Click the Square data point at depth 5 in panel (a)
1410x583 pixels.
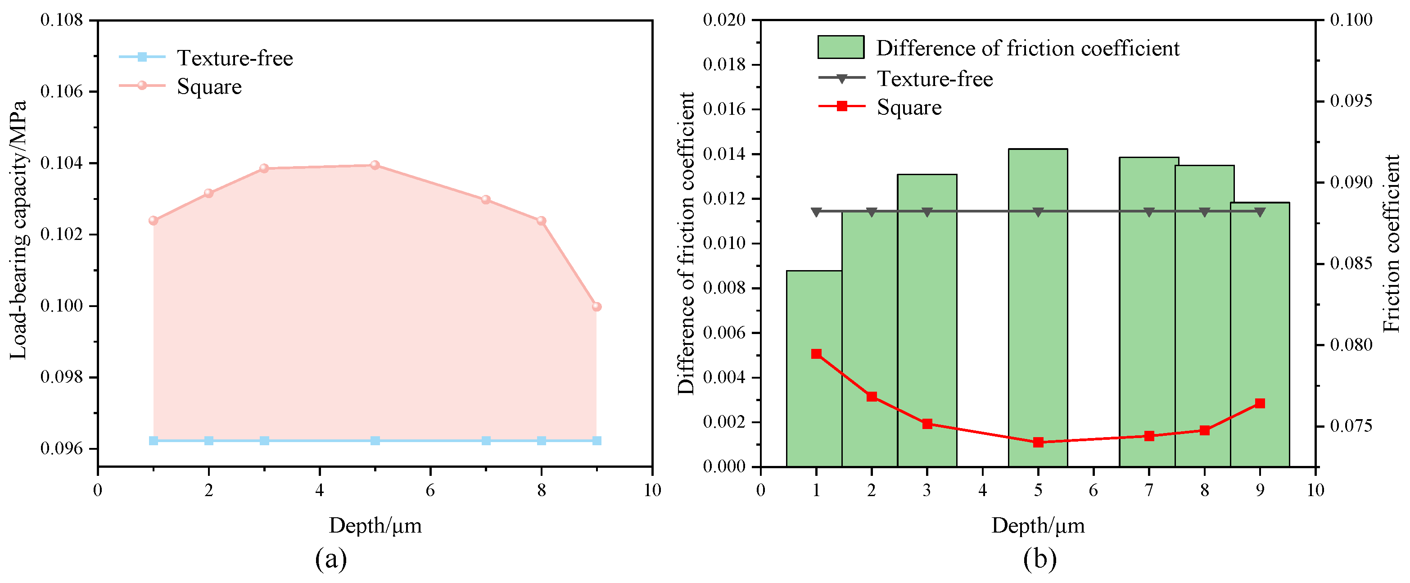pos(375,165)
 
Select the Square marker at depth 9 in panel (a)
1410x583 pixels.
pos(596,307)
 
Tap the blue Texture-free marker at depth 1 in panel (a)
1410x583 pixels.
pos(153,441)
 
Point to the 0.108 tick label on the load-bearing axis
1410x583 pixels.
pos(62,20)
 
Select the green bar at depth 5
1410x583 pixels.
pos(1037,307)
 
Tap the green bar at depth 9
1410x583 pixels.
pos(1260,334)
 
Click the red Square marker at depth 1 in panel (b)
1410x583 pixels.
pos(816,354)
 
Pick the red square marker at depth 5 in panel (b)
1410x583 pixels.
pos(1038,442)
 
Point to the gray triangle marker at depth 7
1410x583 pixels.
pos(1148,212)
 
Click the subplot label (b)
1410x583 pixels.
pos(1039,559)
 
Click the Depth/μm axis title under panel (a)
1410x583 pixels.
pos(375,525)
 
